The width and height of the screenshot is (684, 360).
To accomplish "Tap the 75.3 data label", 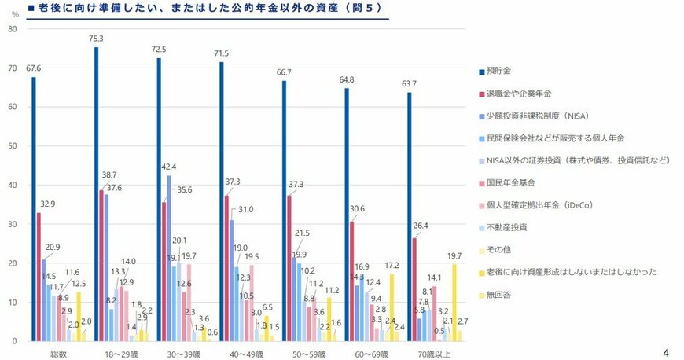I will point(97,39).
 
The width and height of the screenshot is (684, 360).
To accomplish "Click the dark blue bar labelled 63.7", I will point(409,217).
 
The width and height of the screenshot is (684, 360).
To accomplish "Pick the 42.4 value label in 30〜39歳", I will point(168,167).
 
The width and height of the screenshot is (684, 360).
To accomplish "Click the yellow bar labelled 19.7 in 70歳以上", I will point(454,303).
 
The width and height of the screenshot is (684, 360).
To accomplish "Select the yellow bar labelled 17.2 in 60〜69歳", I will point(392,307).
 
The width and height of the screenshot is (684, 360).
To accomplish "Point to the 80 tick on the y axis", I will point(12,29).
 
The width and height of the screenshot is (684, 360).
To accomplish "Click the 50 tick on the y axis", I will point(12,146).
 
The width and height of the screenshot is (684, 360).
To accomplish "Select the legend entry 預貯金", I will point(502,72).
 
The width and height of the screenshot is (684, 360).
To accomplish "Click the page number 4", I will point(667,351).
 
